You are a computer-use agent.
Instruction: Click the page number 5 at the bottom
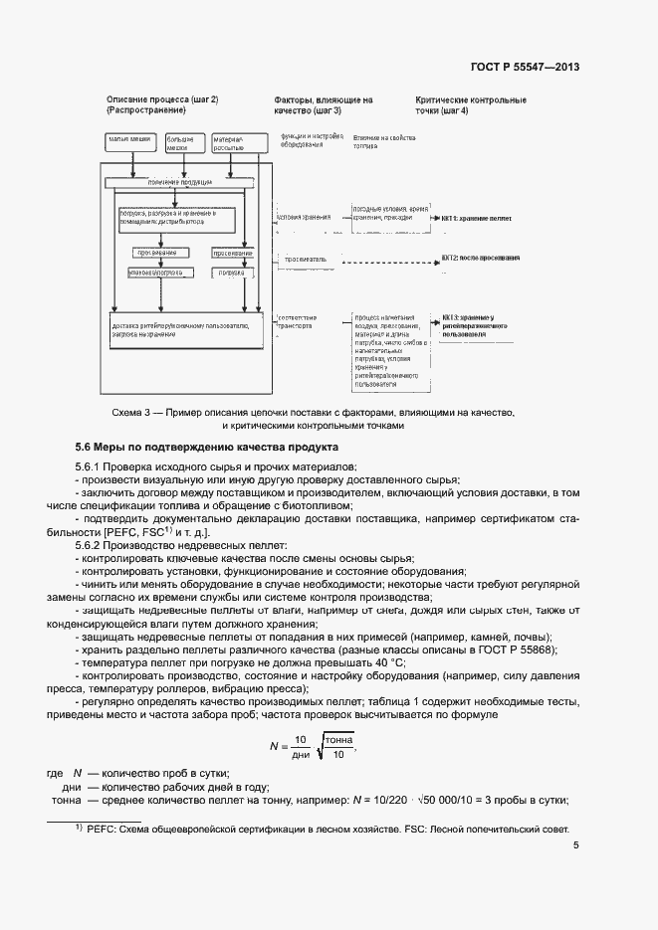576,846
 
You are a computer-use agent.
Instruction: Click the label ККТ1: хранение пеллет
481,217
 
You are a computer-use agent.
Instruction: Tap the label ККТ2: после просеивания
481,258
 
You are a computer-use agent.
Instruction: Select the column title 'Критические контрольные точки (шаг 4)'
471,105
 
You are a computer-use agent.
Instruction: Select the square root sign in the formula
317,743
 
